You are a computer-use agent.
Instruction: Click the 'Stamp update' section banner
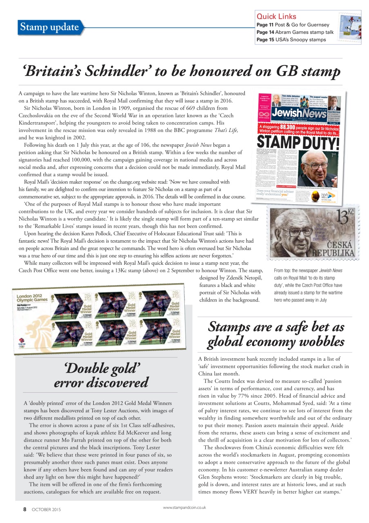49,27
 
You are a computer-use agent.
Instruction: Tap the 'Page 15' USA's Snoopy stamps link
291,40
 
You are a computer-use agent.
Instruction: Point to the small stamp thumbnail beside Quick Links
349,27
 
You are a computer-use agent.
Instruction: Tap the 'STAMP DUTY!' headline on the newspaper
298,143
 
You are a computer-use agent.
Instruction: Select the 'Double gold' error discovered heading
101,375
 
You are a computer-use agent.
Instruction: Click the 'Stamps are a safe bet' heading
276,333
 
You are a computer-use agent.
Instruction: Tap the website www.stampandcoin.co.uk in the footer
184,507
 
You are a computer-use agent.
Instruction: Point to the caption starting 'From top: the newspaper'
309,285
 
